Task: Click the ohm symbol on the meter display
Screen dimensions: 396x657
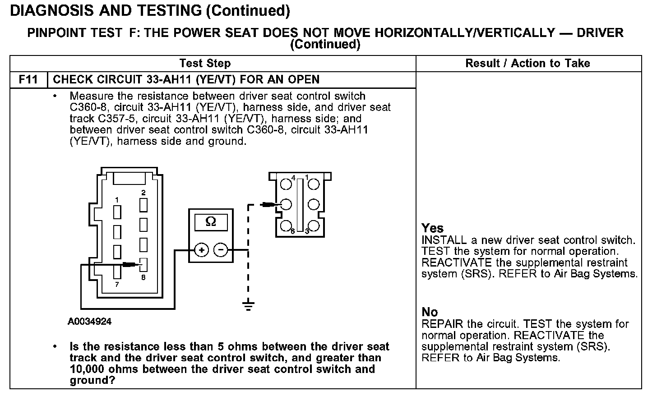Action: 211,221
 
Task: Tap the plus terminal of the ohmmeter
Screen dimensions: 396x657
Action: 201,250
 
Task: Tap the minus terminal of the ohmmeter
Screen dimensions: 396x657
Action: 221,250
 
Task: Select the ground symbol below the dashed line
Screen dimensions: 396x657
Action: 248,306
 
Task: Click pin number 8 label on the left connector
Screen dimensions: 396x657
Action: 143,277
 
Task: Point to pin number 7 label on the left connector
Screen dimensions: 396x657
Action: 117,284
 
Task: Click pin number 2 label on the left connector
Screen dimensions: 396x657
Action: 143,193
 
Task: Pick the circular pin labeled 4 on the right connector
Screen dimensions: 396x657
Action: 286,184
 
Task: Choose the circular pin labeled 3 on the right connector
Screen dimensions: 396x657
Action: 314,226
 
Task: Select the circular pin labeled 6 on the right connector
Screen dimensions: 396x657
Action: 286,226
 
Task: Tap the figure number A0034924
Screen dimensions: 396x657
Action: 90,322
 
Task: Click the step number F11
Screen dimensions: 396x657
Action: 28,80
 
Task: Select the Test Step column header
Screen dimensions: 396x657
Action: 205,63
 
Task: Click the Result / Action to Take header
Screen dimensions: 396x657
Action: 527,63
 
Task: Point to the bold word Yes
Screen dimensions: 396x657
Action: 432,228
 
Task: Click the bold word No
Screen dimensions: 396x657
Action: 430,312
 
